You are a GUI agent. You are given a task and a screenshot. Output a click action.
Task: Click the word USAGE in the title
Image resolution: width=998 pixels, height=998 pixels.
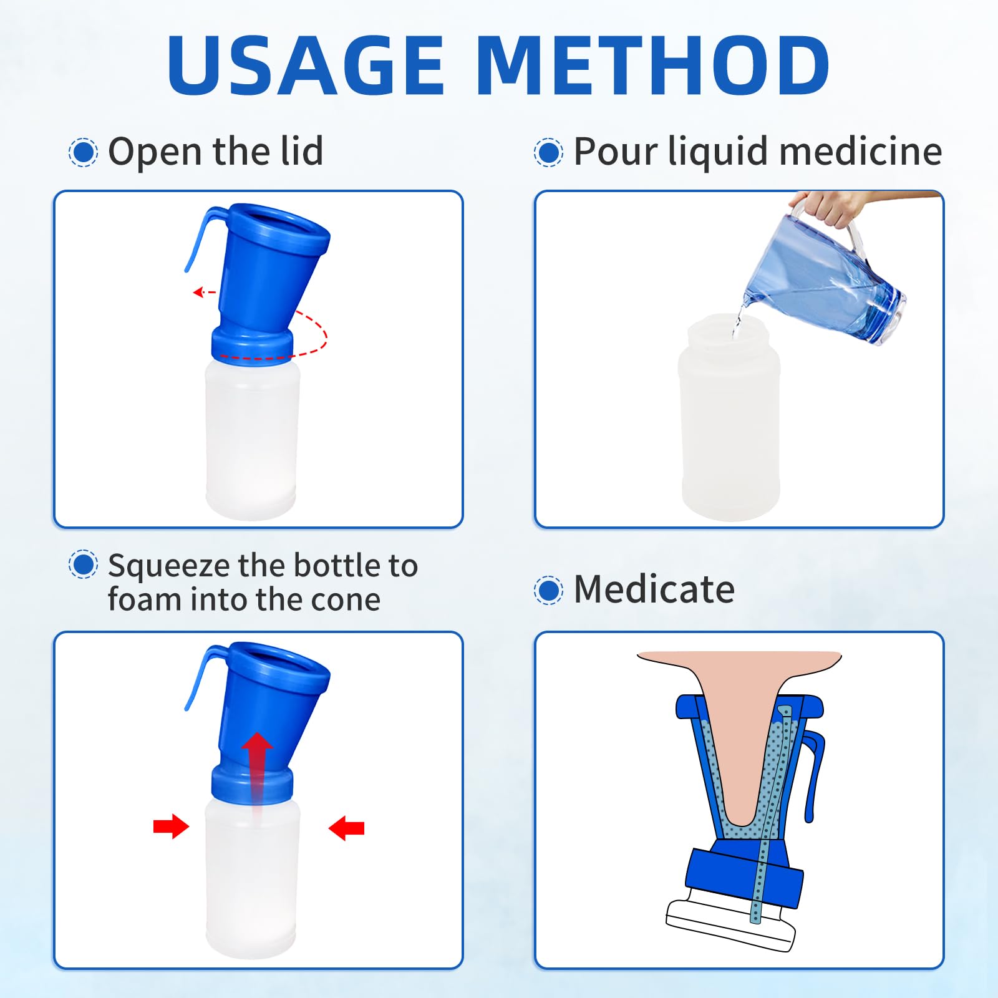(x=306, y=65)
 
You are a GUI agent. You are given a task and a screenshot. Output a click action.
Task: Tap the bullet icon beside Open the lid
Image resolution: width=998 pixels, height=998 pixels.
(x=83, y=152)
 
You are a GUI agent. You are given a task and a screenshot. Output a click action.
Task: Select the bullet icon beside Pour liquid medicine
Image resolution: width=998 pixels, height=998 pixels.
(x=548, y=152)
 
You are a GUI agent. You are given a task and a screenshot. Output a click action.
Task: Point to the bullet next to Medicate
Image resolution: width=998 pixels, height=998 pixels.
(x=548, y=590)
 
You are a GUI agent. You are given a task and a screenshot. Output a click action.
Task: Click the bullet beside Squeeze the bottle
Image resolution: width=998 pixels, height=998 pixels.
(x=83, y=564)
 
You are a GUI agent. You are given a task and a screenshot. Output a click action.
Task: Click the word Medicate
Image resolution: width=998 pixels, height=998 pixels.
(x=654, y=589)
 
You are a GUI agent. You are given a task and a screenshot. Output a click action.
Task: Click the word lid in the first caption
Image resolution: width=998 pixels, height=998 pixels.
(x=302, y=151)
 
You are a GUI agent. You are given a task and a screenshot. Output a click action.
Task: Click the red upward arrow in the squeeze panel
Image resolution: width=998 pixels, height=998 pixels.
(x=257, y=773)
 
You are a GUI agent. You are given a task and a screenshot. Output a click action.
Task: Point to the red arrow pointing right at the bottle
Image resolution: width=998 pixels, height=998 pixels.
(x=171, y=826)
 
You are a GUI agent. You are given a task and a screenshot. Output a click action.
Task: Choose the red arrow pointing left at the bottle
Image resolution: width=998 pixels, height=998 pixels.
(x=346, y=828)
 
